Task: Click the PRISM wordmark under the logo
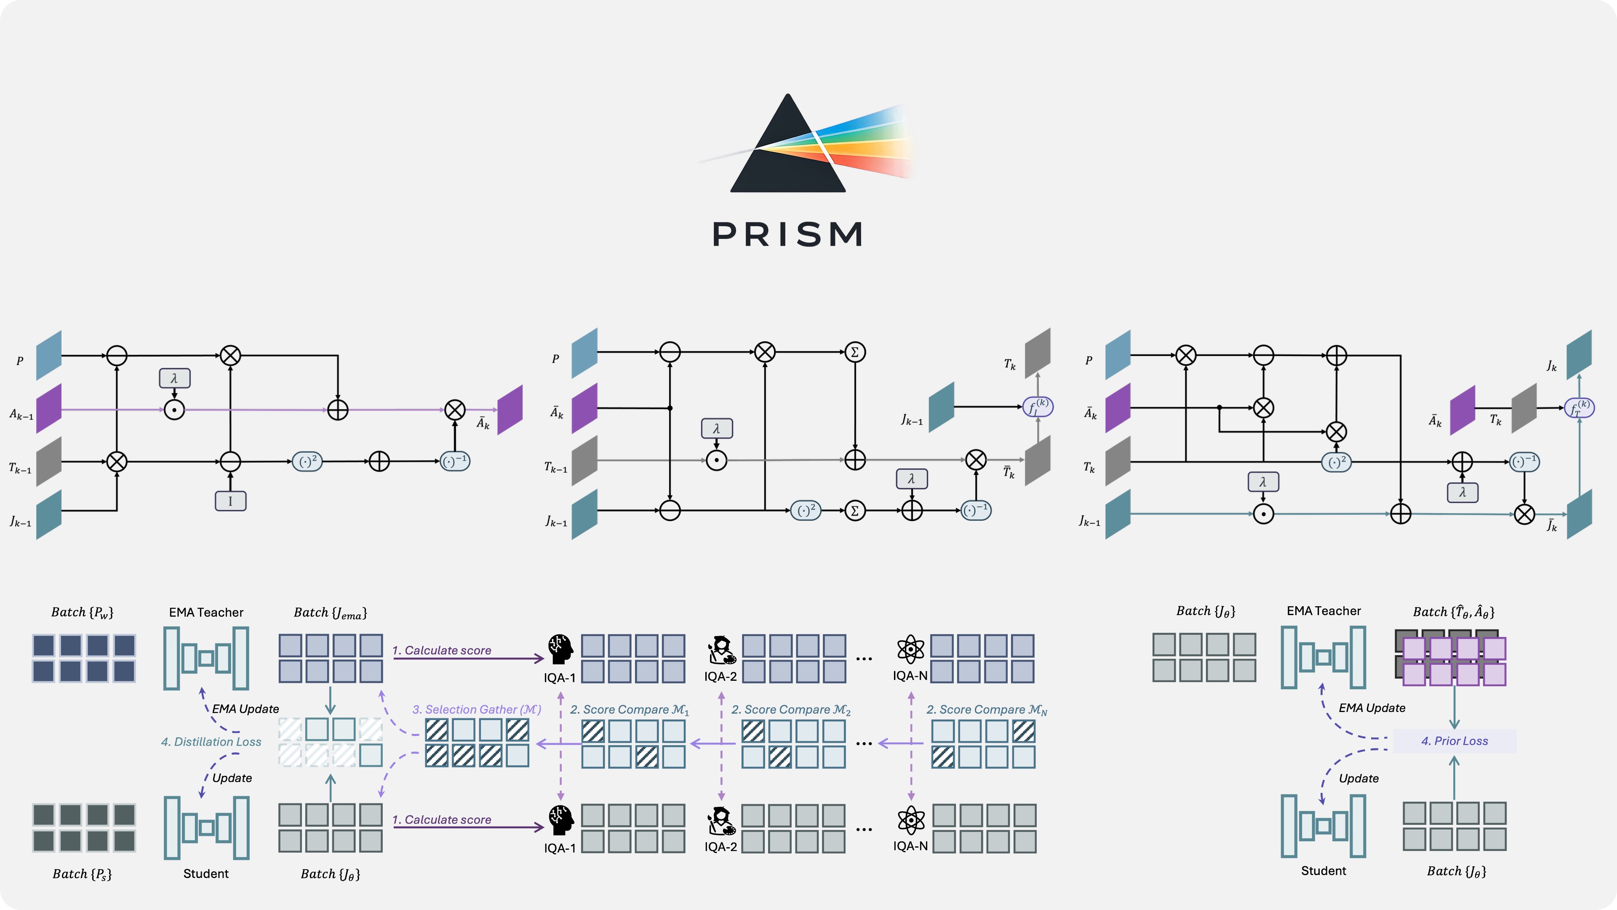tap(788, 234)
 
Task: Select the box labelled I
tap(230, 501)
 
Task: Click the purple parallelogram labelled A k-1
tap(49, 409)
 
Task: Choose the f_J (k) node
tap(1038, 407)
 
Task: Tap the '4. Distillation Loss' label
tap(211, 741)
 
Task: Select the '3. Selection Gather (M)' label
tap(476, 709)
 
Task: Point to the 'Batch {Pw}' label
tap(82, 612)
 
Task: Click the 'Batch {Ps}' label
tap(82, 874)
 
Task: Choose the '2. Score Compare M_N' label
tap(986, 709)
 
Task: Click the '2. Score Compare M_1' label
tap(629, 709)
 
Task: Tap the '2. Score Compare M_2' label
tap(790, 709)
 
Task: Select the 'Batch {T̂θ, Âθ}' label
tap(1453, 612)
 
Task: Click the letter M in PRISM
tap(842, 234)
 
